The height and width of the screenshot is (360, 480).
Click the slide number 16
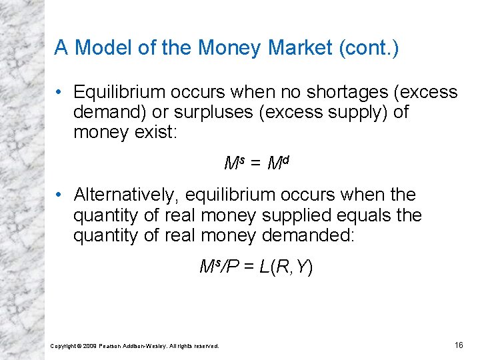459,345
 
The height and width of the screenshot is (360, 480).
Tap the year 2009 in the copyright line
90,346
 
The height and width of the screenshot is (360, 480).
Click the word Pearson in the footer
111,346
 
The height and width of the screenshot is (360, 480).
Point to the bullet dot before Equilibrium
60,91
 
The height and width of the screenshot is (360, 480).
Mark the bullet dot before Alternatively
60,195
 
